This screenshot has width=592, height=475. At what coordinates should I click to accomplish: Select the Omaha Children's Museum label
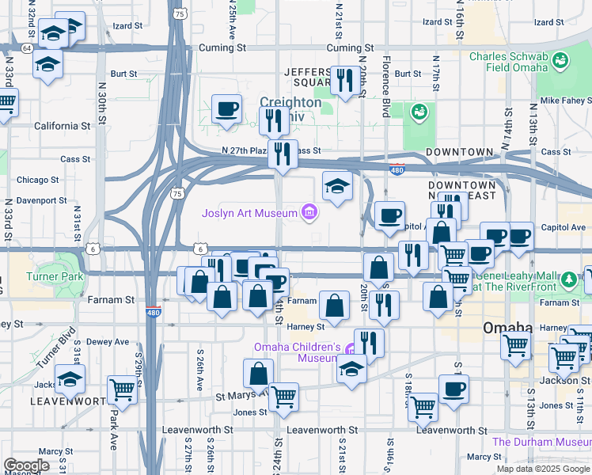(x=297, y=353)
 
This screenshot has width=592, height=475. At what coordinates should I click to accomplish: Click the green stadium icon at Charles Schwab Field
(x=560, y=60)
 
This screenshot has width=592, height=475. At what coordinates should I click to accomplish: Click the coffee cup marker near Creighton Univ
(x=227, y=108)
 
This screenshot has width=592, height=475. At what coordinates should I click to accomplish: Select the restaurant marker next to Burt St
(x=344, y=80)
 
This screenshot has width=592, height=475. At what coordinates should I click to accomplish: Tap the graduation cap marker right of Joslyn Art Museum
(x=338, y=187)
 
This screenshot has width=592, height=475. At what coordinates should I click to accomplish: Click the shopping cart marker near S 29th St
(x=122, y=389)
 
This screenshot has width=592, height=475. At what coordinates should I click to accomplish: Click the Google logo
(x=26, y=465)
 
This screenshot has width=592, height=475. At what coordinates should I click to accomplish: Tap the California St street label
(x=62, y=126)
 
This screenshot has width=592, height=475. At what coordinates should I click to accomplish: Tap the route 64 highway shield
(x=27, y=48)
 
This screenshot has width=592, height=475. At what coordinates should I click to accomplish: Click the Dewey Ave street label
(x=107, y=342)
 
